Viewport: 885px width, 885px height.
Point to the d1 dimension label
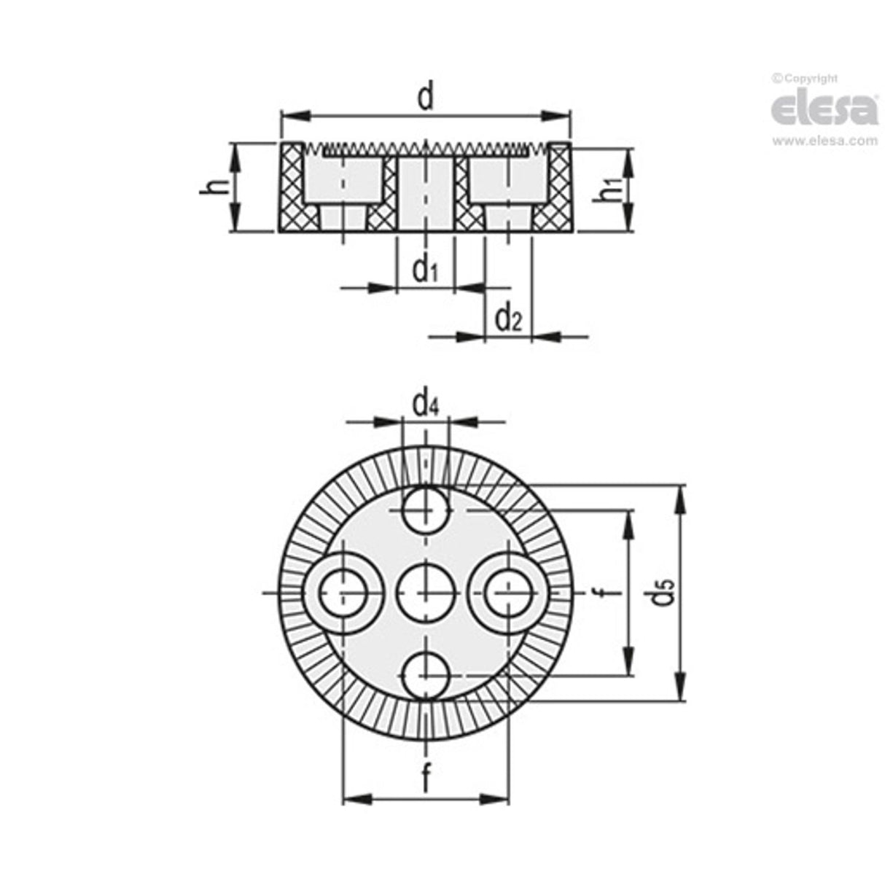click(x=425, y=270)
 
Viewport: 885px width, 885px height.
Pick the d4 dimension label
click(x=425, y=403)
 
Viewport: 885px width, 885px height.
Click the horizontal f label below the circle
click(x=425, y=779)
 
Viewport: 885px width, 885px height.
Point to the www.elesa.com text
click(x=824, y=141)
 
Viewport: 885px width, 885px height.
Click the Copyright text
click(x=805, y=78)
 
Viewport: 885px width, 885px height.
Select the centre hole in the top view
click(x=425, y=593)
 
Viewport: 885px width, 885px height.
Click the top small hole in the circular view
click(x=425, y=510)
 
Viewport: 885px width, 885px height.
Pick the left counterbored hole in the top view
click(x=342, y=593)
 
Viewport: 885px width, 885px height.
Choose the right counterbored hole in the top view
click(x=508, y=593)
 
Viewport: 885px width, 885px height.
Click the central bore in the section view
click(x=425, y=193)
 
